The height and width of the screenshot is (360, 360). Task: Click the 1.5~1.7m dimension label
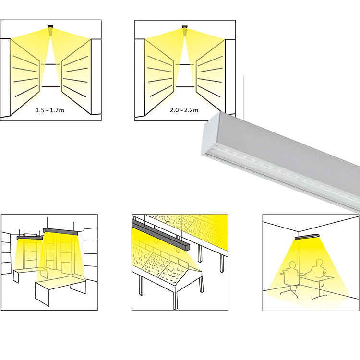[x=51, y=110]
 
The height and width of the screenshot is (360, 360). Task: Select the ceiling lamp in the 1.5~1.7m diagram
[x=50, y=29]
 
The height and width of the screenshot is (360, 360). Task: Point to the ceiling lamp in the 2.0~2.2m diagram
[x=185, y=29]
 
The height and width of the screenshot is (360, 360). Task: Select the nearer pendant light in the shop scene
[x=61, y=232]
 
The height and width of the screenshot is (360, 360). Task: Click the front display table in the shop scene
[x=60, y=288]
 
